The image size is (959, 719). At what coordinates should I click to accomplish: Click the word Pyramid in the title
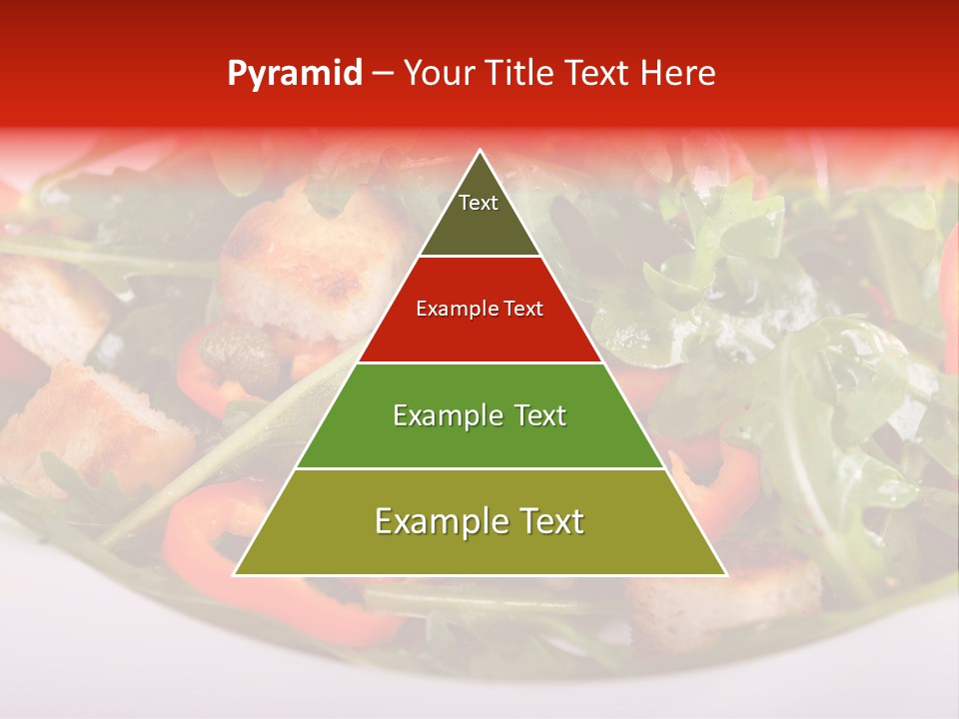click(294, 74)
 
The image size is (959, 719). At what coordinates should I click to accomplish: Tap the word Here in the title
click(677, 73)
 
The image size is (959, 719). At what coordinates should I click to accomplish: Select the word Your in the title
click(439, 73)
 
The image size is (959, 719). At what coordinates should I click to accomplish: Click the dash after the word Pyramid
click(382, 74)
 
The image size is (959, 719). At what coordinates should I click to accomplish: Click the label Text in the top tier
click(479, 203)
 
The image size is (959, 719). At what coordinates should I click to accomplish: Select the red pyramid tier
click(440, 335)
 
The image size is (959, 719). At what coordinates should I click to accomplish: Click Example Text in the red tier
click(479, 309)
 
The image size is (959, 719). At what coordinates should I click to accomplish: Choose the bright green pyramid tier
click(340, 439)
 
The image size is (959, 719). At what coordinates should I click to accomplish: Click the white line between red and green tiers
click(479, 361)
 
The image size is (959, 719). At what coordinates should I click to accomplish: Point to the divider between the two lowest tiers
click(479, 468)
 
